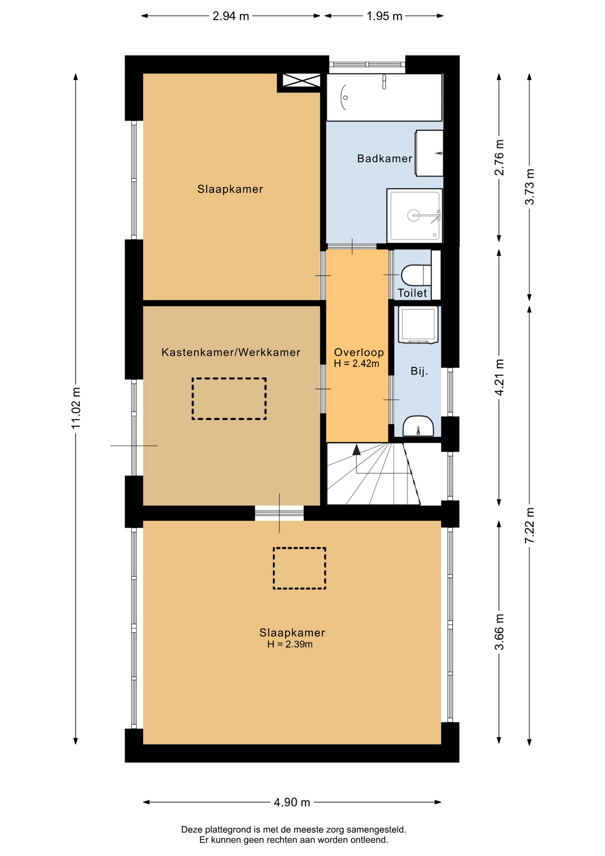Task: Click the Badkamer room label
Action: (384, 158)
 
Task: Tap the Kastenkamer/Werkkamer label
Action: (231, 352)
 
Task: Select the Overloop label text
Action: (359, 352)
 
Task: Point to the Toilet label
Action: (412, 293)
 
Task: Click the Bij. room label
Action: (419, 371)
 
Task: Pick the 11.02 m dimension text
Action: (76, 408)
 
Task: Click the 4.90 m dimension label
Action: (292, 802)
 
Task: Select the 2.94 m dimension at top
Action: (231, 16)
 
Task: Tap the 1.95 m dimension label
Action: (384, 16)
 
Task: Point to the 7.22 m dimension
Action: (529, 525)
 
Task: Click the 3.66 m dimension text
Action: (499, 632)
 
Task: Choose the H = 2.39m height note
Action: (290, 644)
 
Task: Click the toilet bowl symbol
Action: (416, 275)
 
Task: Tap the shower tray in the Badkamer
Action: (415, 215)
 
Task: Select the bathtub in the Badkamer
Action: (384, 97)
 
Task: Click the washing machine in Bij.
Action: (418, 325)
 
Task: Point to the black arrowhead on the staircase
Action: (356, 450)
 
